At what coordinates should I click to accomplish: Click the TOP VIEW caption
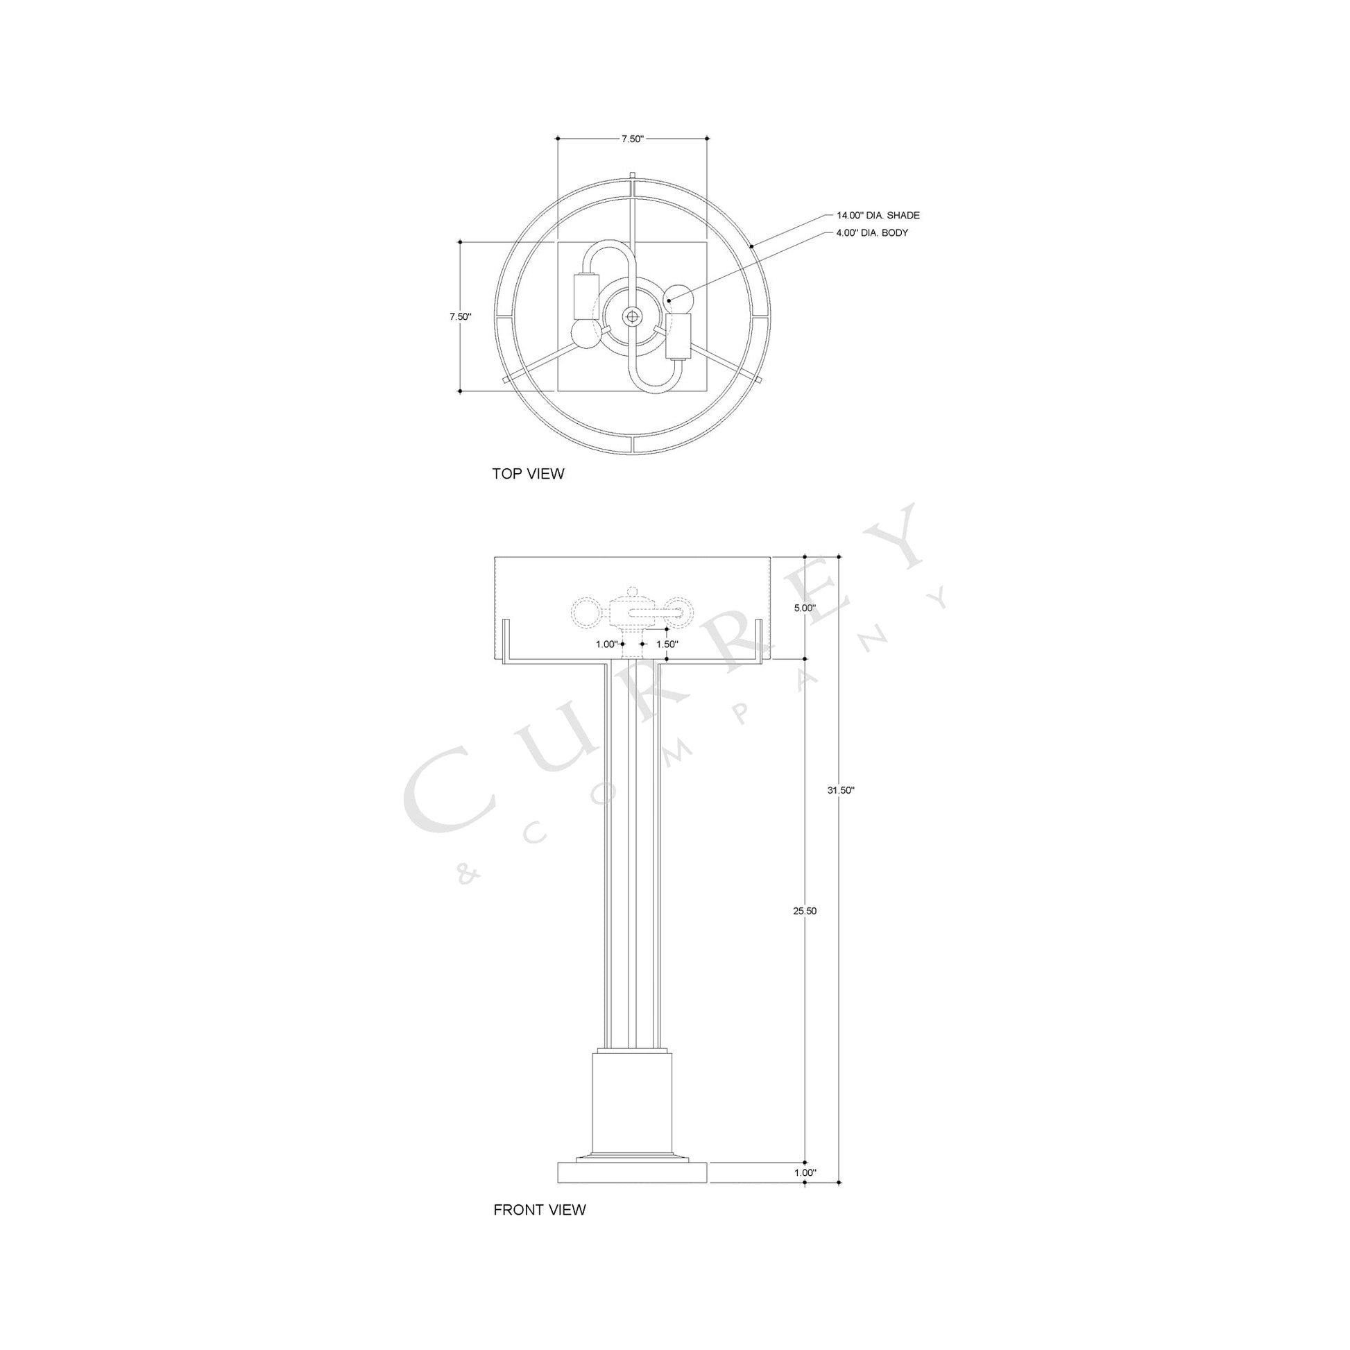coord(527,474)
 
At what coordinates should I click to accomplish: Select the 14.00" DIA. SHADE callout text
coord(878,215)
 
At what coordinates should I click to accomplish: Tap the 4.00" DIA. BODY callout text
coord(871,232)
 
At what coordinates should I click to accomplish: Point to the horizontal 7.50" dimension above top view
coord(632,139)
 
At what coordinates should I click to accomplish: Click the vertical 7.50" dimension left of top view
coord(460,316)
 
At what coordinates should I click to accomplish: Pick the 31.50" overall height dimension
coord(841,790)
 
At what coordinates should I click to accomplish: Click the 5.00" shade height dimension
coord(804,608)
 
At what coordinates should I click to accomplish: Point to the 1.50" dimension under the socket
coord(667,644)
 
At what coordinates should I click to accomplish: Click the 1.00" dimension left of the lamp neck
coord(607,644)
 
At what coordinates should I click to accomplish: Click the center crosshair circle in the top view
coord(633,316)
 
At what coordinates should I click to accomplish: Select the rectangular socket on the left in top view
coord(586,296)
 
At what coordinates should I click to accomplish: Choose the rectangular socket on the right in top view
coord(678,335)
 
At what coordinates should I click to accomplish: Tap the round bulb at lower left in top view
coord(586,335)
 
